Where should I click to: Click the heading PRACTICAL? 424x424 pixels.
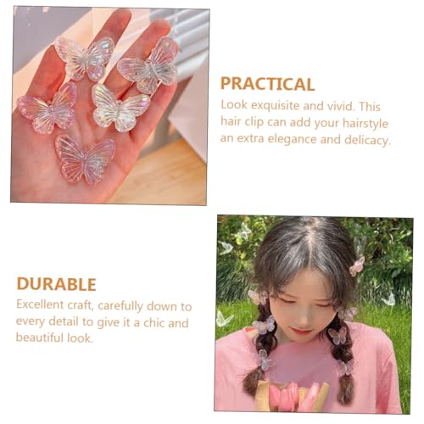click(x=267, y=84)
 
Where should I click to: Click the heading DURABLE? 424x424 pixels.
click(x=56, y=284)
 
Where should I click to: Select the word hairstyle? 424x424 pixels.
click(x=365, y=123)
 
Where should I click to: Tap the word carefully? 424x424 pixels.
click(x=120, y=306)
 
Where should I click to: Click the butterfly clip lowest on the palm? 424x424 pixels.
click(x=85, y=159)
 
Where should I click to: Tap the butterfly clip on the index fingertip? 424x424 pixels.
click(x=85, y=58)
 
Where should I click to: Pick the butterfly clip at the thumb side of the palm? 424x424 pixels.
click(x=47, y=109)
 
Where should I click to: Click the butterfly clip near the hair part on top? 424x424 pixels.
click(x=357, y=265)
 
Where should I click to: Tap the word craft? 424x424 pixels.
click(x=81, y=305)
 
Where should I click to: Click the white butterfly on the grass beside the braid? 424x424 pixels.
click(x=224, y=320)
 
